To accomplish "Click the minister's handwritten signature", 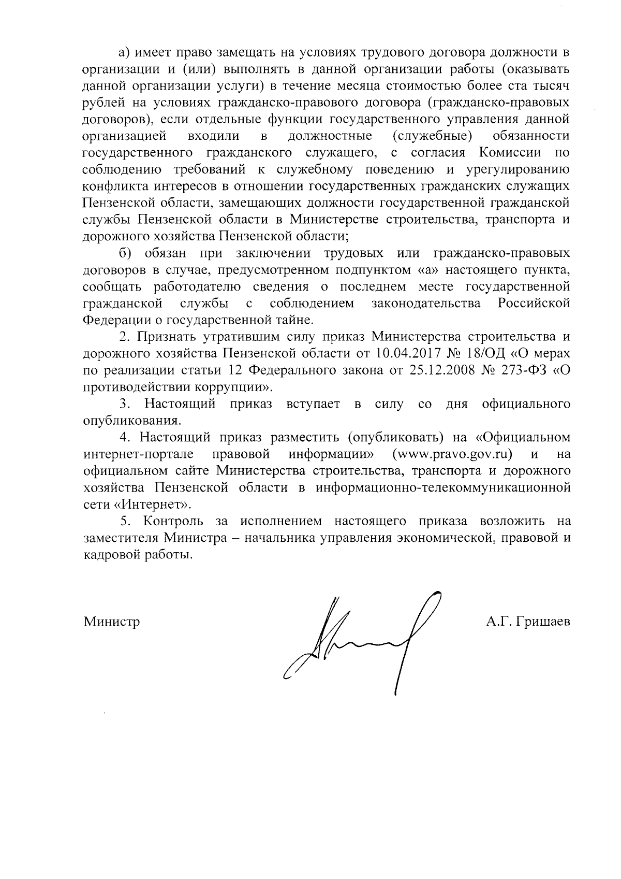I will (357, 642).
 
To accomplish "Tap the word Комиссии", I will (510, 153).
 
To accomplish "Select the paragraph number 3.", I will (124, 404).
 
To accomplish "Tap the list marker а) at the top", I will (125, 52).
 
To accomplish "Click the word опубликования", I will (131, 420).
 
